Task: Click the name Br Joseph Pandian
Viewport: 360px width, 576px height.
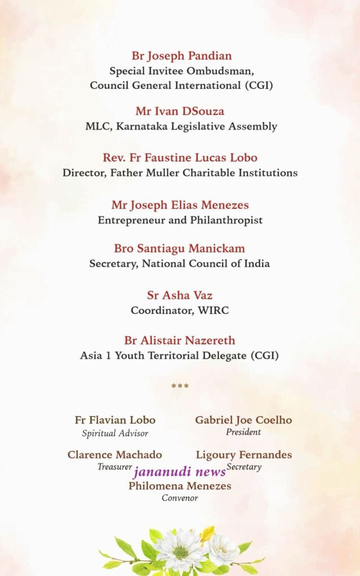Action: (182, 56)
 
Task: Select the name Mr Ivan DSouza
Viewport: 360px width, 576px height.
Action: (179, 111)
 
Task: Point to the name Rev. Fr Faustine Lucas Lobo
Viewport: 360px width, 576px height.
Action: (180, 157)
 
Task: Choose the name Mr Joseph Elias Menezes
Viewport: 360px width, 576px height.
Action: (180, 205)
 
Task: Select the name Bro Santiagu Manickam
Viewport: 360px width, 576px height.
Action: (179, 248)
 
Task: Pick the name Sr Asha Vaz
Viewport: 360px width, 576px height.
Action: (179, 295)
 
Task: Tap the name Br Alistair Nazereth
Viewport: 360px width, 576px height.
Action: (179, 340)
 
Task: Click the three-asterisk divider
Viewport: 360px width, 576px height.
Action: (179, 386)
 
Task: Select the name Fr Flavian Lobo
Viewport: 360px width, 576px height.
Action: (115, 420)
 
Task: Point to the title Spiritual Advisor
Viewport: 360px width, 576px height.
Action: (115, 433)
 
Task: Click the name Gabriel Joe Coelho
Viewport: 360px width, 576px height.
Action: (244, 420)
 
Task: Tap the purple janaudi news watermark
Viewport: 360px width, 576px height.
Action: (179, 471)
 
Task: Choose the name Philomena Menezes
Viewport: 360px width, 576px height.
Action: (179, 485)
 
